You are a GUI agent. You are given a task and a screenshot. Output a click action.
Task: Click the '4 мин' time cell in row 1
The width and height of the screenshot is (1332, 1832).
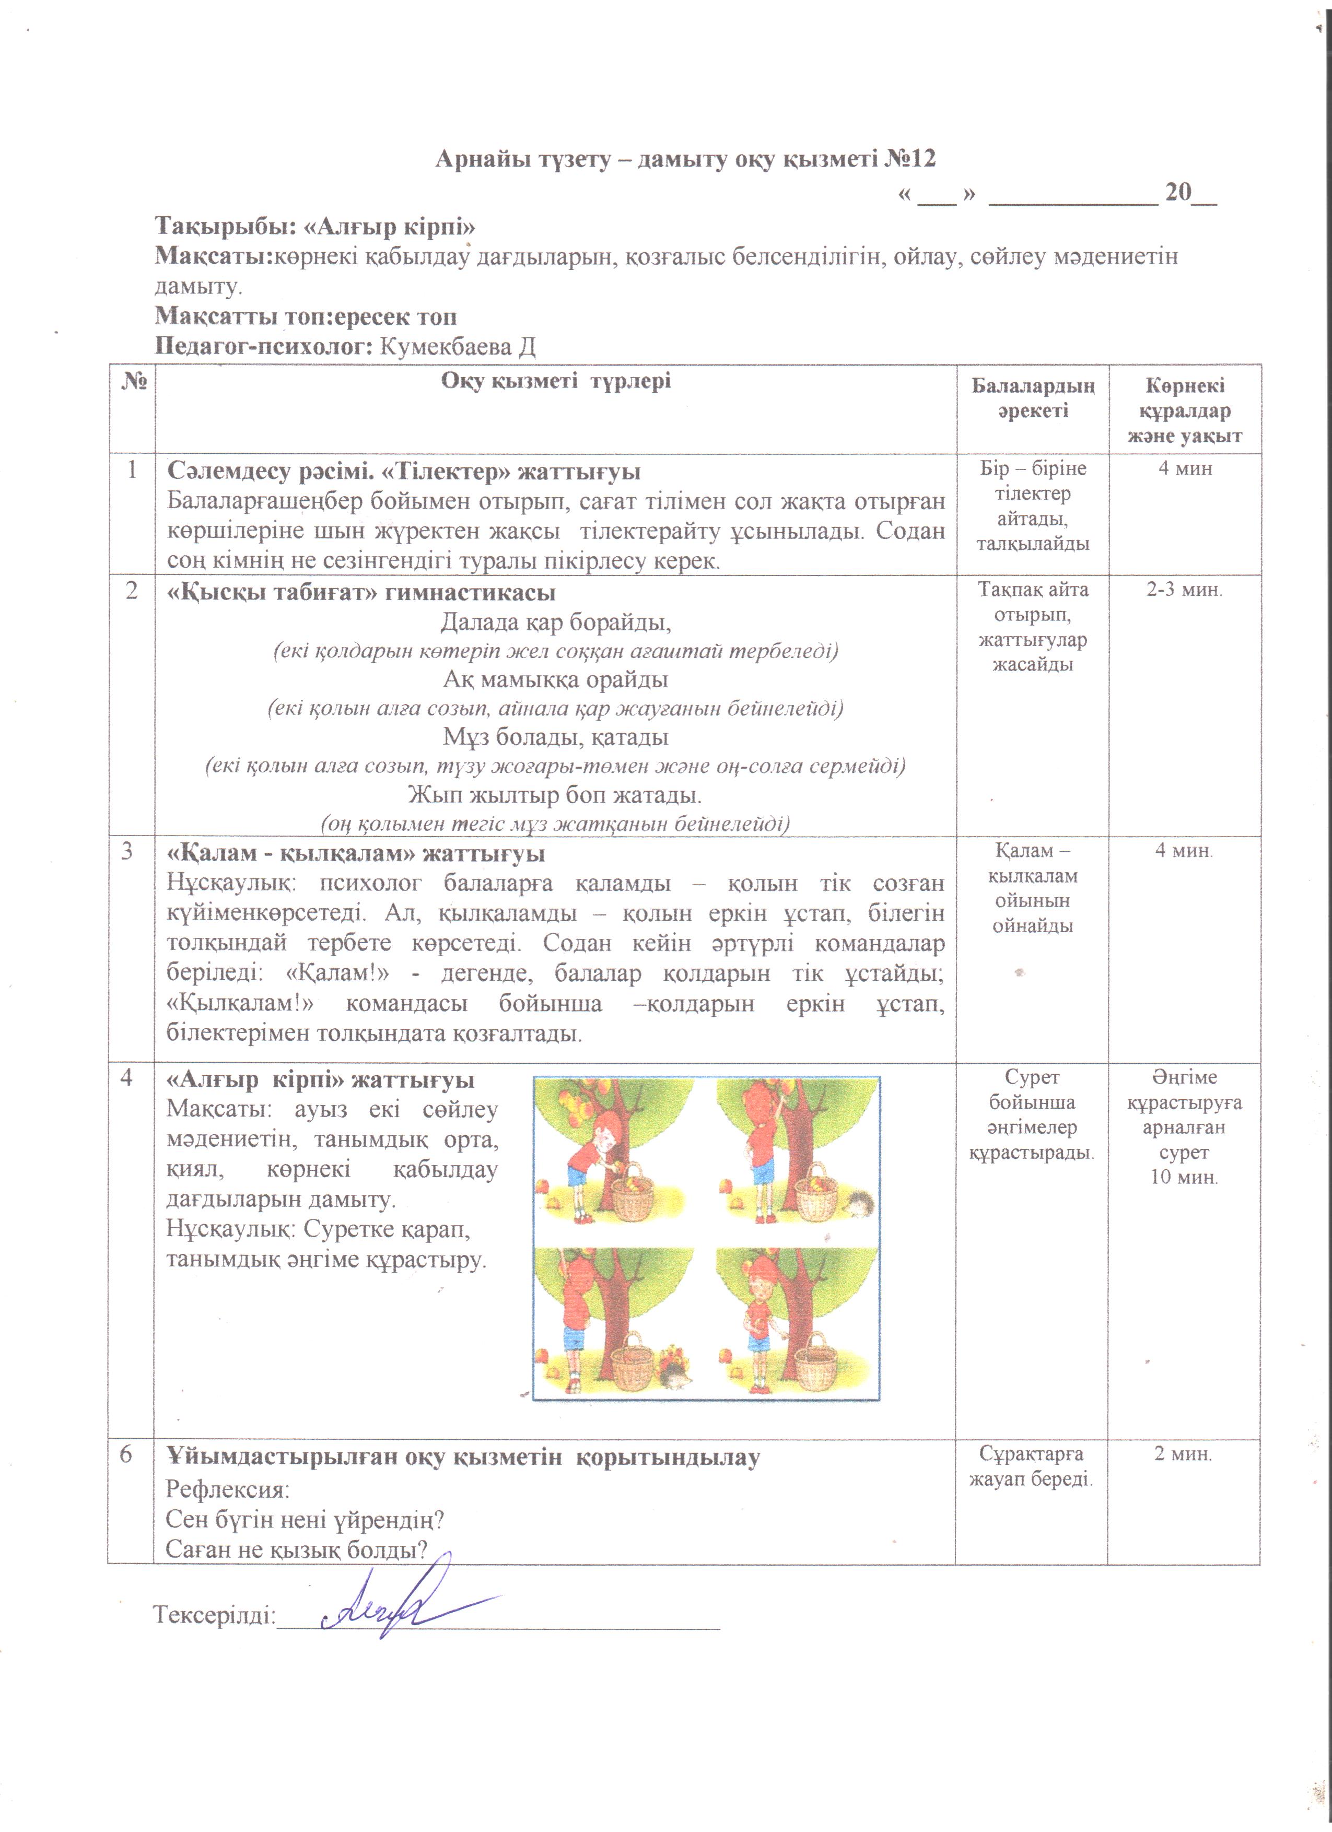pos(1185,468)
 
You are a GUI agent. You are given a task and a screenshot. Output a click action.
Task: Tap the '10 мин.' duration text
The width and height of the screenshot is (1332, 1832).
pos(1184,1177)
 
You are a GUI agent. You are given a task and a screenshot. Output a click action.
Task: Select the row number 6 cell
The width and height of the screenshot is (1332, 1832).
pos(127,1454)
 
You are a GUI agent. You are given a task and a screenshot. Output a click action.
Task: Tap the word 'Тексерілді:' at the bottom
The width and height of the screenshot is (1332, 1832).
pos(215,1615)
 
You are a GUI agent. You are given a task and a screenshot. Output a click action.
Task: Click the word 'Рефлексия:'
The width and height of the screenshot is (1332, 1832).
pos(227,1489)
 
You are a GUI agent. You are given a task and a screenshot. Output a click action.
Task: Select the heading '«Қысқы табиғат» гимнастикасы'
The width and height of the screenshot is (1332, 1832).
pos(361,592)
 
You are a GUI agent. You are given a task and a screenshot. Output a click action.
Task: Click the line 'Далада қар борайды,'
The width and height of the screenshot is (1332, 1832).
pos(556,622)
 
